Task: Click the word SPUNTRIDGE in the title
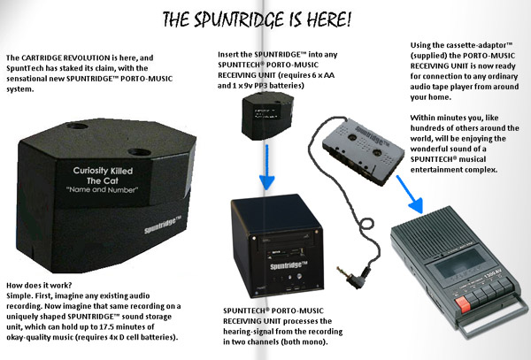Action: click(265, 17)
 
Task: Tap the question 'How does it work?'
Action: click(37, 288)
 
